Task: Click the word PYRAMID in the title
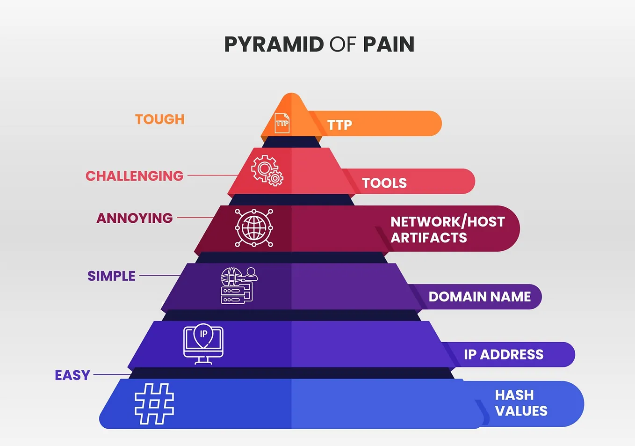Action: (274, 44)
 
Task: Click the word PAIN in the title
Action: (389, 44)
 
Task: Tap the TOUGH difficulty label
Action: (160, 119)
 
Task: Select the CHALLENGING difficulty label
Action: (134, 176)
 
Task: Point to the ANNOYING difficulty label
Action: (135, 218)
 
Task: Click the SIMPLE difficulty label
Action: (111, 276)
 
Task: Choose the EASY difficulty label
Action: (72, 375)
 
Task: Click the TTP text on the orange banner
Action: (339, 125)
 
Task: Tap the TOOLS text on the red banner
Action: (384, 183)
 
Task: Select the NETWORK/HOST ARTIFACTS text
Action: (447, 229)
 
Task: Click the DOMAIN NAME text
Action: (480, 297)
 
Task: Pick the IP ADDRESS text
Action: (504, 355)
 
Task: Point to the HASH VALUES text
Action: (521, 403)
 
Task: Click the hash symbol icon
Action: (154, 403)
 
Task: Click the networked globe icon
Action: (254, 228)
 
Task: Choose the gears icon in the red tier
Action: (267, 171)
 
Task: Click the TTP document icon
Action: (282, 123)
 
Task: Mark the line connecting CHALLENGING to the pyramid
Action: (213, 175)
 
